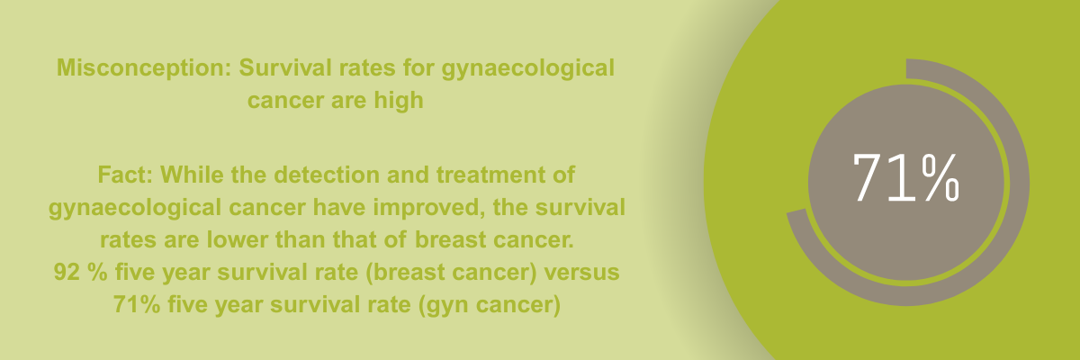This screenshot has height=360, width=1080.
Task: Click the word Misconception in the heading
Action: coord(144,67)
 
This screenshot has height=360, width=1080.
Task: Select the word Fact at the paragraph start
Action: coord(125,175)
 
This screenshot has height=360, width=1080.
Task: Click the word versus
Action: coord(581,273)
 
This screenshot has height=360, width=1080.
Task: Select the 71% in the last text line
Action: coord(137,304)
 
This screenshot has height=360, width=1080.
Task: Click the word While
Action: coord(192,175)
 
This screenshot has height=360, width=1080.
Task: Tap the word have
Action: coord(339,208)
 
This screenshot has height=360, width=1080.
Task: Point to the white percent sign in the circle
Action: coord(940,177)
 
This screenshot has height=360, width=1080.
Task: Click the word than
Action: coord(300,239)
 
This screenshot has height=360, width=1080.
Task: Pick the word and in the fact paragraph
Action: coord(408,175)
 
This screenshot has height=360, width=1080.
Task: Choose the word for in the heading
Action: coord(418,67)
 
